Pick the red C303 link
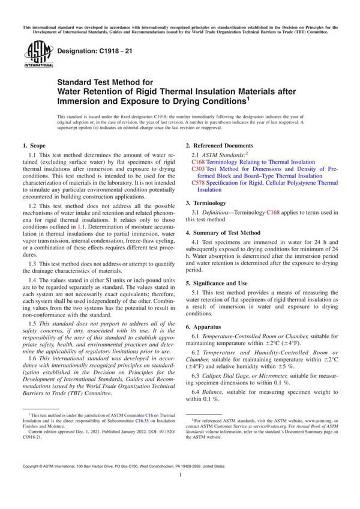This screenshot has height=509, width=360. [x=199, y=169]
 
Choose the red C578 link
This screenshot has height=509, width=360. [x=199, y=183]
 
